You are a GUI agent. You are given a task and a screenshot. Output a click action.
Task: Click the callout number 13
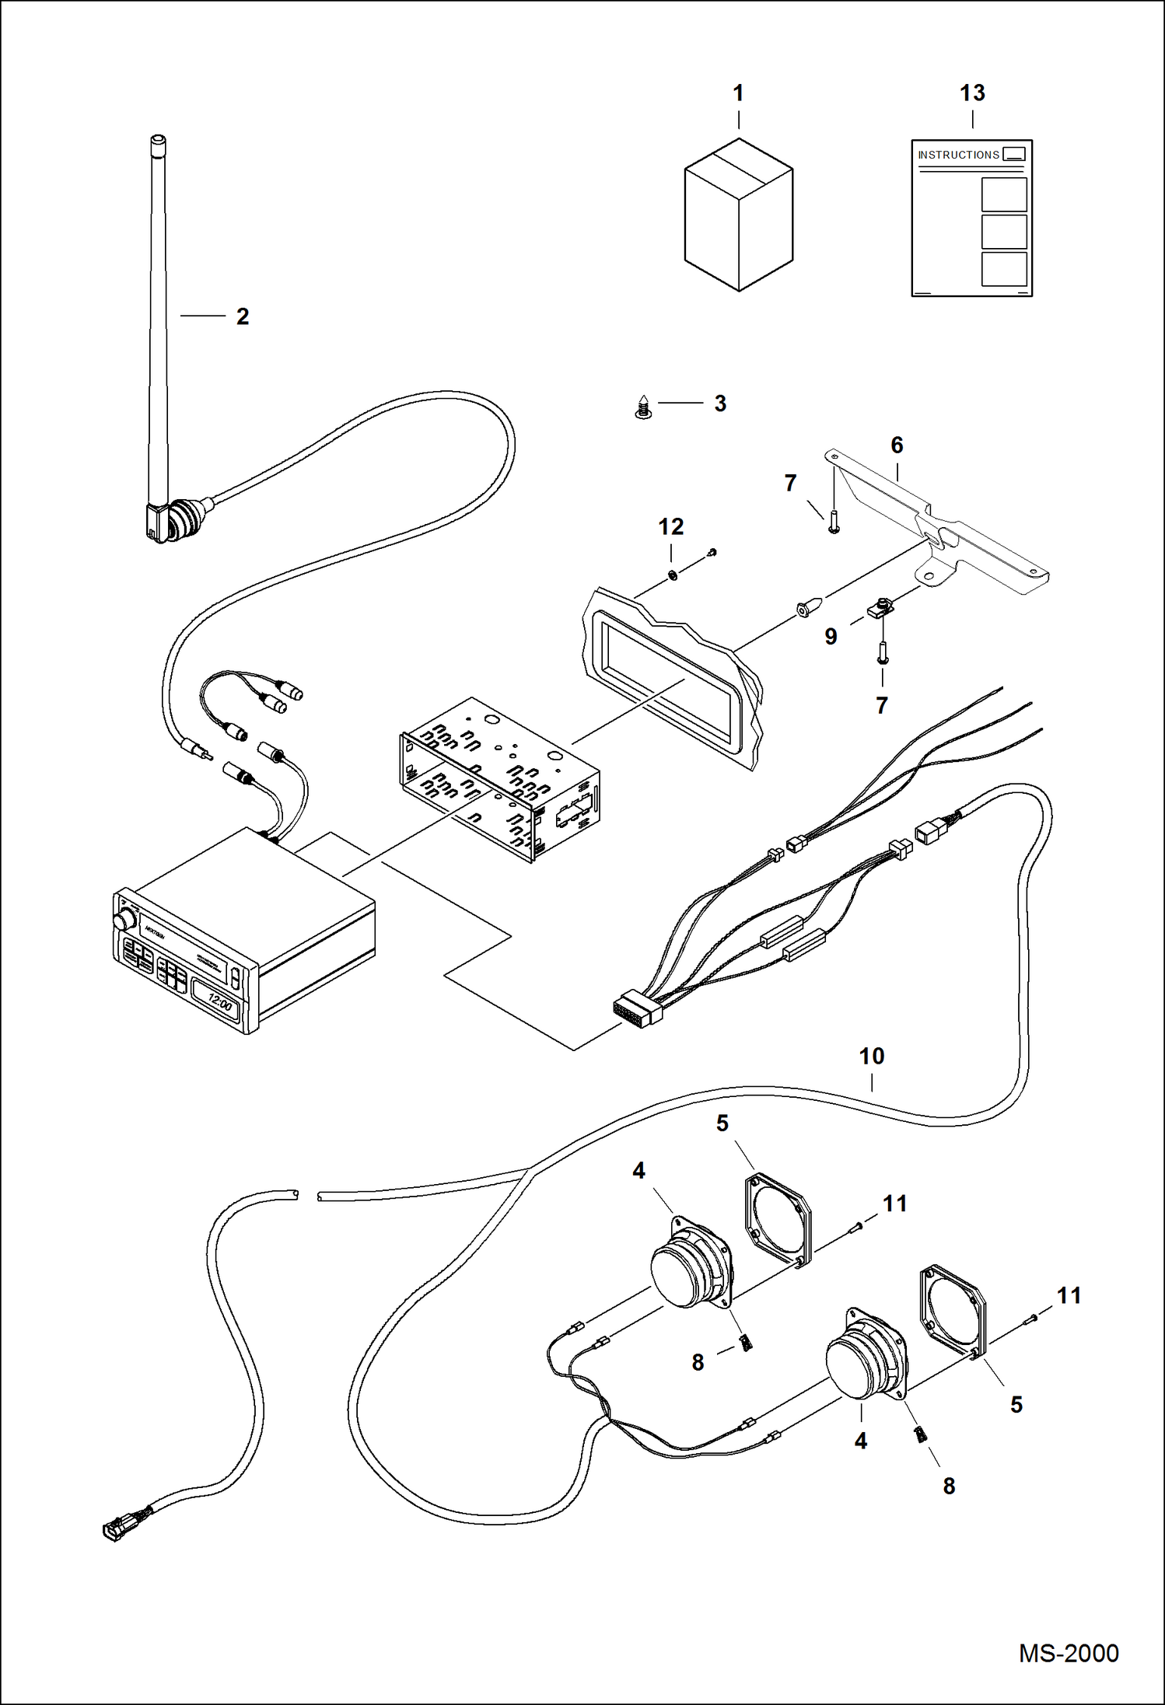[972, 93]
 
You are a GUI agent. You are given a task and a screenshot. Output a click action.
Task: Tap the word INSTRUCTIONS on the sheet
[958, 155]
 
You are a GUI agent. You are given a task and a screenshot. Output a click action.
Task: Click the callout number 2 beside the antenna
[243, 316]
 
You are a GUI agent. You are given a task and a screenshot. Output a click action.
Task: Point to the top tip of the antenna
[157, 141]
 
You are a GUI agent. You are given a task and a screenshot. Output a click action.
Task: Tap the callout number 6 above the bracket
[897, 445]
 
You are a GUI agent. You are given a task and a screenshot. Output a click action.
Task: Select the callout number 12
[670, 526]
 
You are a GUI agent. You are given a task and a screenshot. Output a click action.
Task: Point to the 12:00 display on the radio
[220, 1004]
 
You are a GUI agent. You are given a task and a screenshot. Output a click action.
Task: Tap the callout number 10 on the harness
[871, 1056]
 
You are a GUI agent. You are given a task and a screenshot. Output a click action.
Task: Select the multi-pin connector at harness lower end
[637, 1009]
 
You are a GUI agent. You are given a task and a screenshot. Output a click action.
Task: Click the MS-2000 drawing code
[1068, 1653]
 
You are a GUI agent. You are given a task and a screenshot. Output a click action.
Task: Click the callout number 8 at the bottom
[949, 1486]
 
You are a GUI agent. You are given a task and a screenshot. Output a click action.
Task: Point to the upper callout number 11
[894, 1204]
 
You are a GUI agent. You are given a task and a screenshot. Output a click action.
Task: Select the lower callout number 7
[881, 705]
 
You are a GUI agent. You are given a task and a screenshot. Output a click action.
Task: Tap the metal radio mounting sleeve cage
[498, 777]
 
